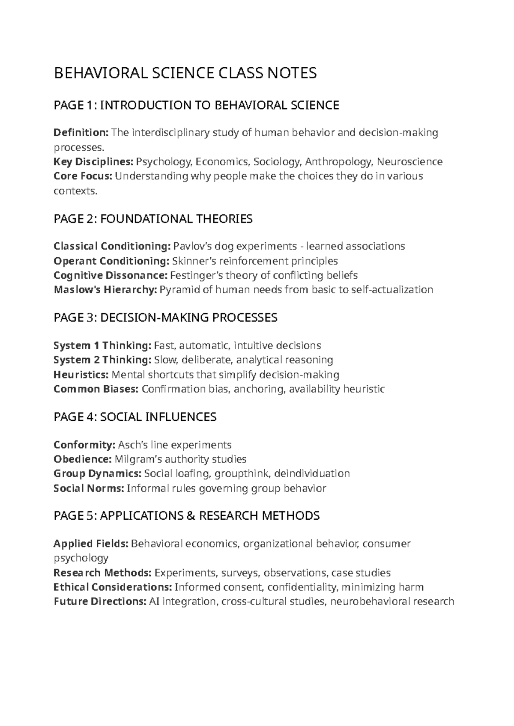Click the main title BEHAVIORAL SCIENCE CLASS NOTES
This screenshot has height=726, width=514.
pos(185,73)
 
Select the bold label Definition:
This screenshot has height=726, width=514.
pos(81,133)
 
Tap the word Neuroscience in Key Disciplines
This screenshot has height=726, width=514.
pos(409,162)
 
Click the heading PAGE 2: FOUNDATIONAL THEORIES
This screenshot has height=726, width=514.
pos(153,219)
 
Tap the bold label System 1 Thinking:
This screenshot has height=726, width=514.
pos(102,345)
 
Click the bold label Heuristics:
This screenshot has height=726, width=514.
pos(81,375)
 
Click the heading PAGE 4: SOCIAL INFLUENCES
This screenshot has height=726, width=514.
pos(135,417)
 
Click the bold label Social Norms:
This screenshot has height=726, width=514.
pos(89,488)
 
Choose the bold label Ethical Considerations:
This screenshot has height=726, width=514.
pos(113,587)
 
